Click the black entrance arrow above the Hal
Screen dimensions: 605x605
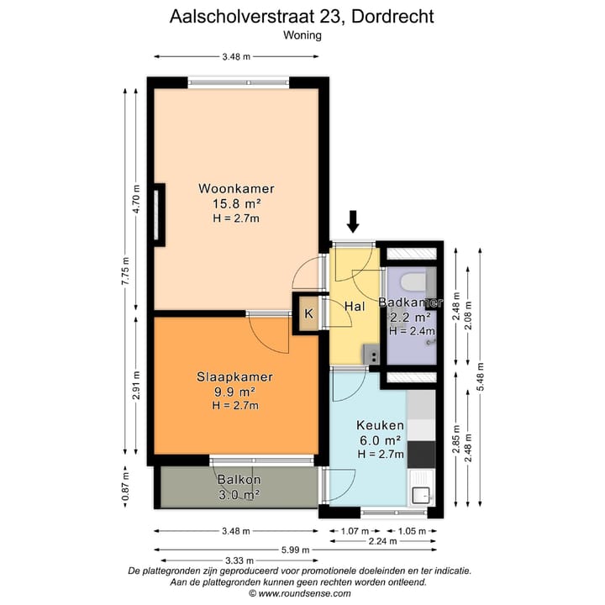353,221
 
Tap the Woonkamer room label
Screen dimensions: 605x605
236,188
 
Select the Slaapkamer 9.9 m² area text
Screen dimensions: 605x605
236,392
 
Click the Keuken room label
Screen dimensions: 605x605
375,426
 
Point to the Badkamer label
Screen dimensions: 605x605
410,302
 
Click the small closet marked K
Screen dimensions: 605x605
308,314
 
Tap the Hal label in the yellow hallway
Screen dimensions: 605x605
354,307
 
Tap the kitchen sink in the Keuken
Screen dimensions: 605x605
421,495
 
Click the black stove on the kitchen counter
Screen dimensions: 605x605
421,454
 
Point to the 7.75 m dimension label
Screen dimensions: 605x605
124,273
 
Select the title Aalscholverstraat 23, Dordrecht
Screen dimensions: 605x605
302,16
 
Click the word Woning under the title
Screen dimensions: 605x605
302,35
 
